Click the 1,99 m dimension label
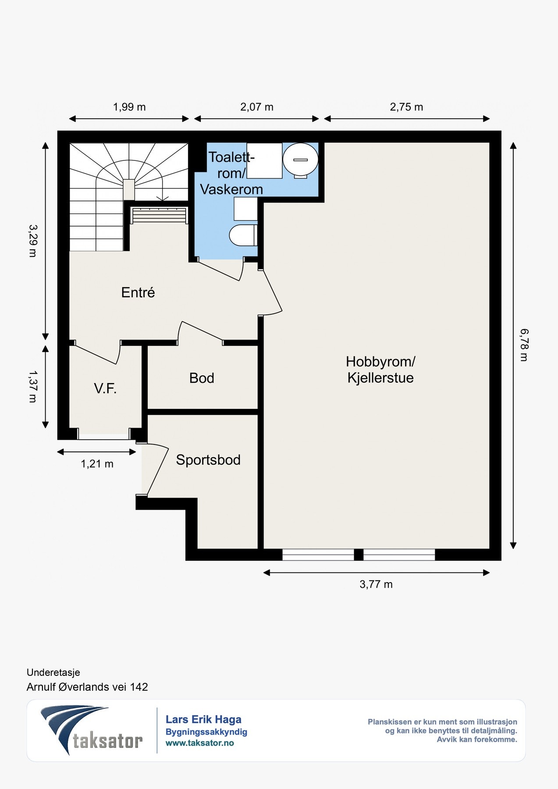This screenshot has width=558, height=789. (129, 107)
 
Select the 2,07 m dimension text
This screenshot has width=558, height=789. (257, 107)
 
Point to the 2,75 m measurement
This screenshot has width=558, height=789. (407, 107)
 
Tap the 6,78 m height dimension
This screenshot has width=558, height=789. (524, 345)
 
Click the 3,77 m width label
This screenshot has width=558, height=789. (376, 584)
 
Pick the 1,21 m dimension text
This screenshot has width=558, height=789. (97, 464)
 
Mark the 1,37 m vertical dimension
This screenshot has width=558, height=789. (32, 386)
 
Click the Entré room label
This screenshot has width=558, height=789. (138, 292)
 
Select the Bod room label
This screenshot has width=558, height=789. (202, 378)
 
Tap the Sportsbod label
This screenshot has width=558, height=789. (208, 459)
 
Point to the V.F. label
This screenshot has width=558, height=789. (105, 388)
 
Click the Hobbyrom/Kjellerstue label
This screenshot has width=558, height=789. (380, 370)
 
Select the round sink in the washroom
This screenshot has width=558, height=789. (300, 160)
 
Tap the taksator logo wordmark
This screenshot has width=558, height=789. (107, 741)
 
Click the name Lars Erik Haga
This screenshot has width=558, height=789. (203, 719)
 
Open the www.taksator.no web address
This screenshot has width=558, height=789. (200, 743)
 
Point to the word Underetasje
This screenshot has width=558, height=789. (53, 672)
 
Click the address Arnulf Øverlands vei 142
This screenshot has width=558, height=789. (87, 687)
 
